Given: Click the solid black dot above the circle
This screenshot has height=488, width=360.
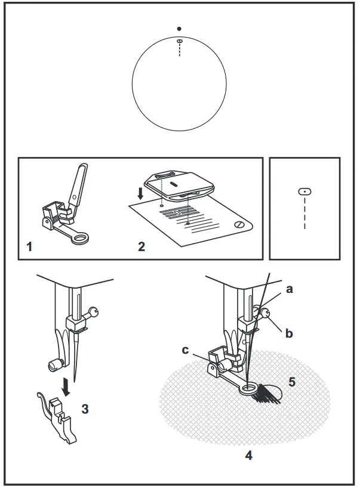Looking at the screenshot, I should pyautogui.click(x=179, y=29).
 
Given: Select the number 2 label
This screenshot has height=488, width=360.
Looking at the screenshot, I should pyautogui.click(x=141, y=246).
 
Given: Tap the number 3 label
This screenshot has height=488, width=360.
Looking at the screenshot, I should pyautogui.click(x=85, y=409).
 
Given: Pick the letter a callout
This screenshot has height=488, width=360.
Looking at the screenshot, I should pyautogui.click(x=290, y=289).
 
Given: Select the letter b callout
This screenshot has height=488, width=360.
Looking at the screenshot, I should pyautogui.click(x=289, y=333).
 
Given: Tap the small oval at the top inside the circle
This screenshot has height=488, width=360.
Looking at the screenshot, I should pyautogui.click(x=179, y=41).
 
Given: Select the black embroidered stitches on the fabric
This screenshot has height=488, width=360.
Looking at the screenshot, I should pyautogui.click(x=267, y=394).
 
